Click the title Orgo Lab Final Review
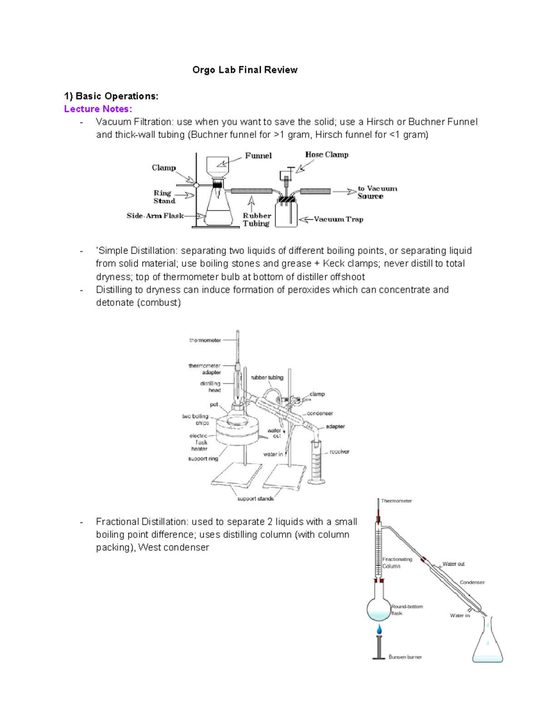pos(245,70)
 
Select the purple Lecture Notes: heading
pos(98,109)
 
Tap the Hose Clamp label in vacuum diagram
pos(327,155)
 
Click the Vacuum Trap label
pos(338,219)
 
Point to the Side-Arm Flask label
pos(155,216)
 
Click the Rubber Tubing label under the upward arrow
pos(257,219)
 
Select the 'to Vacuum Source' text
pos(377,192)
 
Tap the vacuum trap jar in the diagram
pos(286,213)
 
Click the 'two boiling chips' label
pos(196,419)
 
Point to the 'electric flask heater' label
pos(199,442)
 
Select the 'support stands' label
pos(255,498)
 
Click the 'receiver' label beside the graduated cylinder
pos(339,452)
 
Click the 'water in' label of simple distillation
pos(273,454)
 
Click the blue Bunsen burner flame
pos(379,629)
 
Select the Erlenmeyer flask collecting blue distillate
pos(488,645)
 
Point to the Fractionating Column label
pos(397,563)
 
